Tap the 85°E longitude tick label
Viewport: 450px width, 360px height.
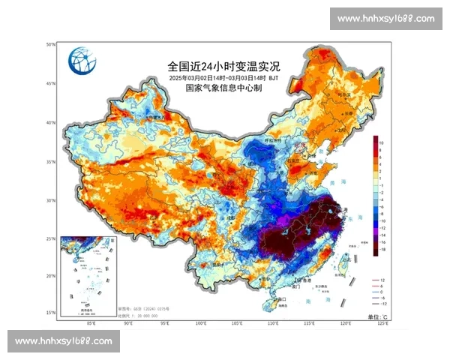tap(91, 323)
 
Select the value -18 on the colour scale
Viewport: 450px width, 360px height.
tap(382, 255)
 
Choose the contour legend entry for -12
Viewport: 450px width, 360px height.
tap(382, 304)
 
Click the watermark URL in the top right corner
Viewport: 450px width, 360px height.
tap(385, 19)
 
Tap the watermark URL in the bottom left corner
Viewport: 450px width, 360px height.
tap(63, 341)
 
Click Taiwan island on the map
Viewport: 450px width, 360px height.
tap(346, 262)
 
